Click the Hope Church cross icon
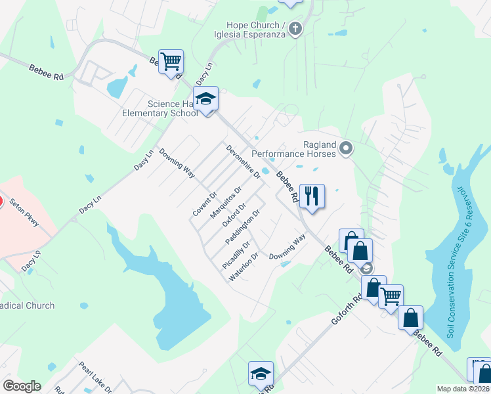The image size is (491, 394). coord(295,28)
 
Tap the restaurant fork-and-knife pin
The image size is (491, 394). coord(312,196)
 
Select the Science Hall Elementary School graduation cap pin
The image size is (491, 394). coord(206,100)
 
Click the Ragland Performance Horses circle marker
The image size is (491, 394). coord(347,148)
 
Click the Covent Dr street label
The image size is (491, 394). coord(205,205)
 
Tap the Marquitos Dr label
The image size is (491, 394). coord(226,202)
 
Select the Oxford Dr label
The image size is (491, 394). coord(234,215)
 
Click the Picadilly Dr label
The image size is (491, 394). coord(236,255)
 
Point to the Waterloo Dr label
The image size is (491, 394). coord(244,267)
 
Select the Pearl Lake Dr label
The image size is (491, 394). coord(96,375)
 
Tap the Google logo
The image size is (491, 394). coord(22,385)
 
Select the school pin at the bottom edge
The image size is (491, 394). coord(261,374)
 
